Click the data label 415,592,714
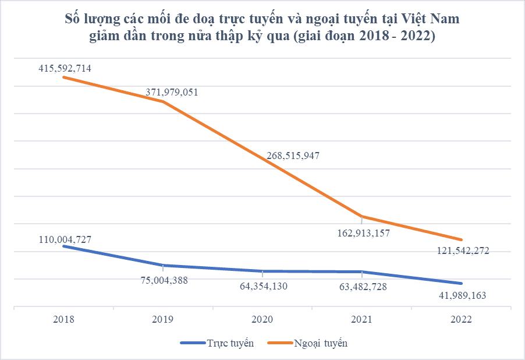point(65,68)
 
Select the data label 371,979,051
point(172,92)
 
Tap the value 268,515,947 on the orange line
point(293,156)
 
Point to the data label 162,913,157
point(364,233)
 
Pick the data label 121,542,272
point(463,250)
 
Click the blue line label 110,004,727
point(65,239)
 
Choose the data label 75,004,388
point(164,280)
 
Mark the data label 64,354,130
point(264,286)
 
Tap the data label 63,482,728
point(363,287)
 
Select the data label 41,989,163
point(462,295)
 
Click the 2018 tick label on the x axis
point(63,319)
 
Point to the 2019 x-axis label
point(163,319)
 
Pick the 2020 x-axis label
point(262,319)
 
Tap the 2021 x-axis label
point(361,319)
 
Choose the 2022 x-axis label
point(461,319)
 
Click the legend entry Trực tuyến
point(217,343)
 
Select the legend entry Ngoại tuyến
point(307,343)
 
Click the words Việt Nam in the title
point(430,19)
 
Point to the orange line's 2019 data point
point(163,101)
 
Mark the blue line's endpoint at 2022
point(461,283)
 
